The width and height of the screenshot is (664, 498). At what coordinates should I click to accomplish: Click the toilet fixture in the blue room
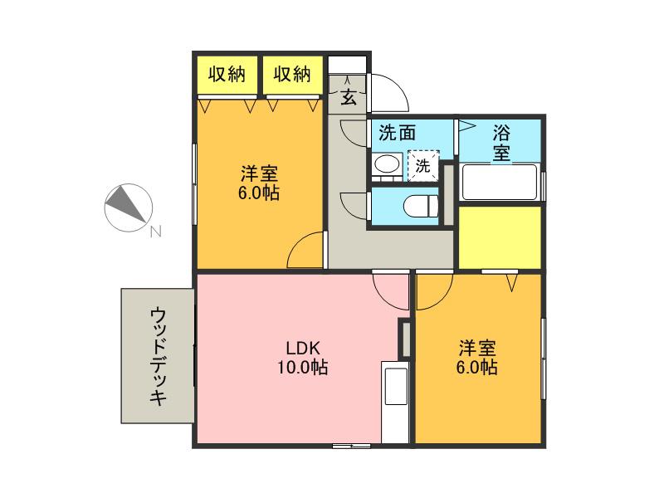point(421,206)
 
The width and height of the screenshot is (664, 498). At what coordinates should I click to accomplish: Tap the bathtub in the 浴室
point(500,182)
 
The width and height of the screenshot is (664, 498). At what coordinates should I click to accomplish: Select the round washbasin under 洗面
point(388,164)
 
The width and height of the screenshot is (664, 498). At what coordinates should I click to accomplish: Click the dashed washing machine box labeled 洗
point(423,166)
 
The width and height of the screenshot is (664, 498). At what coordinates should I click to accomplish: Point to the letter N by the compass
point(155,232)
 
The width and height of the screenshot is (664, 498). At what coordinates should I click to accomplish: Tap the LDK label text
point(302,349)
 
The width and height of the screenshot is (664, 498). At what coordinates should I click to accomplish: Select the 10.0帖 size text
point(302,367)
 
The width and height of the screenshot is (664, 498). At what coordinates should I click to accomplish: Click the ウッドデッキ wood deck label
point(159,356)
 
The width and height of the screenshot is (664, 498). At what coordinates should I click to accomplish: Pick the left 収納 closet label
point(227,75)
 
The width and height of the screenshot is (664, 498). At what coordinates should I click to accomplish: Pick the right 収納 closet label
point(292,75)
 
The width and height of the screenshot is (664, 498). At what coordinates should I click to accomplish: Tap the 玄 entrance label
point(348,98)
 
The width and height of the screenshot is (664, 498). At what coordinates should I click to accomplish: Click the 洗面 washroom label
point(398,133)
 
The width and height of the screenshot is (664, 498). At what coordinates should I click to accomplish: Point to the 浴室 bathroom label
point(501,143)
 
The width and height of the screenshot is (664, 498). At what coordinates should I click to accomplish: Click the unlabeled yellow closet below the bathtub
point(500,237)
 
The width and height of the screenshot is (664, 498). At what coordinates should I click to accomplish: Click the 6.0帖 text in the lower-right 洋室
point(476,367)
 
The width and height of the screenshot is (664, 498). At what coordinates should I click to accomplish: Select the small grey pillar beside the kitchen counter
point(406,339)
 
